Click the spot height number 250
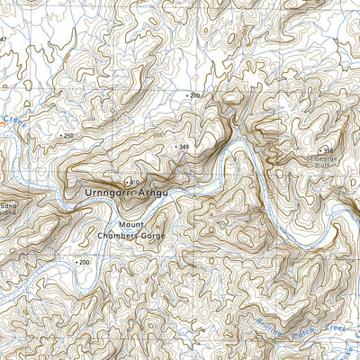(x=68, y=135)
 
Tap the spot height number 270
(x=195, y=94)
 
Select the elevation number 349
(x=184, y=146)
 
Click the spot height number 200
(x=85, y=262)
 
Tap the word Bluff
(x=322, y=166)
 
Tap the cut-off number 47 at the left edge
(x=3, y=40)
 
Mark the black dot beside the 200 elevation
(x=76, y=262)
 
